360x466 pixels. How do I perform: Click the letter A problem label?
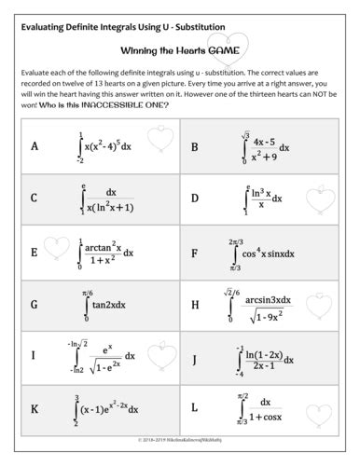(35, 146)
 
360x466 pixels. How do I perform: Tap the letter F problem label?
(194, 252)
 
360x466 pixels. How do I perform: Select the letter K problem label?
(35, 408)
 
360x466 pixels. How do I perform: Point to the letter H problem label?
(194, 304)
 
